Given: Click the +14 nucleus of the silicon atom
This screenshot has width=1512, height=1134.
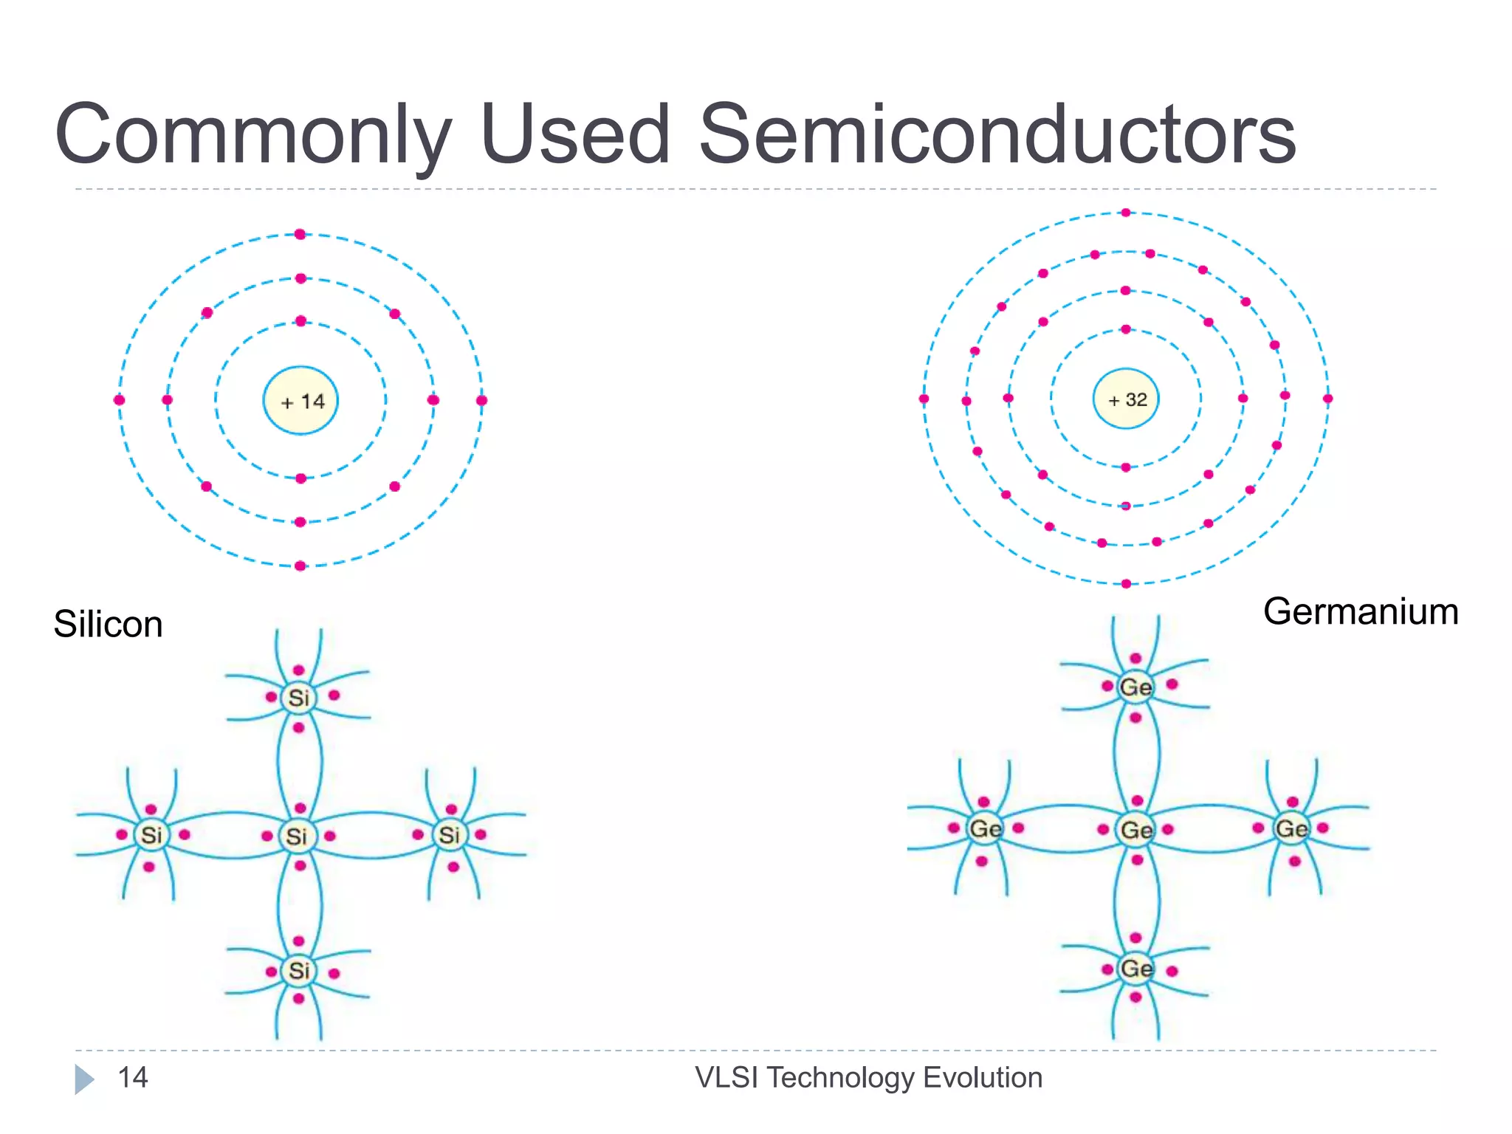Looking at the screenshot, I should coord(300,401).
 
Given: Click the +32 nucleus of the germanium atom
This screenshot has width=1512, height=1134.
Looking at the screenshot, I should coord(1126,399).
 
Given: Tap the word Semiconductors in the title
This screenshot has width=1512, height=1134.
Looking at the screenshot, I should coord(997,134).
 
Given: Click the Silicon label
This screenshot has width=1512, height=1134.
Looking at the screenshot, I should coord(108,625).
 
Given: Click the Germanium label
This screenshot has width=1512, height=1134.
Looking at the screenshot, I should coord(1360,612).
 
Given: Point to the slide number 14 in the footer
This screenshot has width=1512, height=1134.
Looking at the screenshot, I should coord(133,1078).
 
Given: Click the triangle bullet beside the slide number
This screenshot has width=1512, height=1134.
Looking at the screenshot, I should coord(84,1079).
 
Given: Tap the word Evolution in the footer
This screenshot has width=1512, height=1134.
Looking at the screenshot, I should coord(982,1078).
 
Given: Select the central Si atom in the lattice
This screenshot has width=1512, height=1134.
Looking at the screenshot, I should coord(297,836).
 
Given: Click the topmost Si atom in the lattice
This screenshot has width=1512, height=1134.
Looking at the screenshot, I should coord(298,698).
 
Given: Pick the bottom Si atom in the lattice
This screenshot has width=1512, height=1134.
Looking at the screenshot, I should coord(298,970).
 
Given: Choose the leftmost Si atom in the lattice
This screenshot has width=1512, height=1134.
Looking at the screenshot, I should coord(151,835).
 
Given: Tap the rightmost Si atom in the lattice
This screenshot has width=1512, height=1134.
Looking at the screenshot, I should coord(449,835).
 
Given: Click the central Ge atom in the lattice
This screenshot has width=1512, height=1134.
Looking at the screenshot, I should coord(1136,830).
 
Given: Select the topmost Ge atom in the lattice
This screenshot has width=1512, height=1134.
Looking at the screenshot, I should coord(1135,687).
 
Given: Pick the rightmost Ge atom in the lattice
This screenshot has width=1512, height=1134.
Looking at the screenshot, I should coord(1291,828).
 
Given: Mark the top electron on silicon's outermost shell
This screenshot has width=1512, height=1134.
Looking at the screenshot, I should coord(300,235).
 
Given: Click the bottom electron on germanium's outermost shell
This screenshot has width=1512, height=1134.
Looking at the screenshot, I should coord(1126,584).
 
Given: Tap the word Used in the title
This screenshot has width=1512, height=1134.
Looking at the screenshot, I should coord(575,134).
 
